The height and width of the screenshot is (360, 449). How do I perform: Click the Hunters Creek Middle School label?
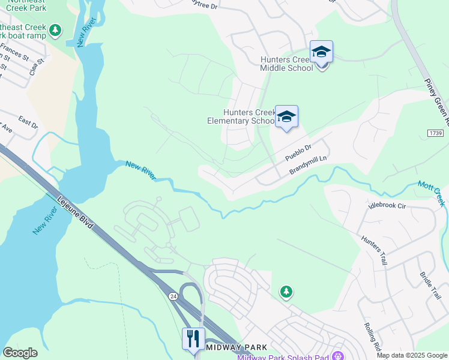(x=286, y=64)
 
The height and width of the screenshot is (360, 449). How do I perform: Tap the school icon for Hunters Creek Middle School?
(x=321, y=53)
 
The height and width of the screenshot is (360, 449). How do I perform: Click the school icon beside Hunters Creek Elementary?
(x=286, y=117)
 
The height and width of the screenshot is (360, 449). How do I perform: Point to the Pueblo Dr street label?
(x=298, y=153)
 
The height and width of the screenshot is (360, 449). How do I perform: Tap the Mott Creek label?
(x=432, y=193)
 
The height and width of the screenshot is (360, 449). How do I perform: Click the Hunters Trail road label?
(x=374, y=249)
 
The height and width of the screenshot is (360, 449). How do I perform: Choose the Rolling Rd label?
(x=372, y=336)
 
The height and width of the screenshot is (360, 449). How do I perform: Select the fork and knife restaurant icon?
(x=193, y=339)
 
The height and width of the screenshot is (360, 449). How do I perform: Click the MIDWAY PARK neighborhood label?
(x=231, y=347)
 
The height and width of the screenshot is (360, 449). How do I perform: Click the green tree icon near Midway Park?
(x=287, y=292)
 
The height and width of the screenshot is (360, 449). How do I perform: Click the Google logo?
(x=20, y=353)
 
